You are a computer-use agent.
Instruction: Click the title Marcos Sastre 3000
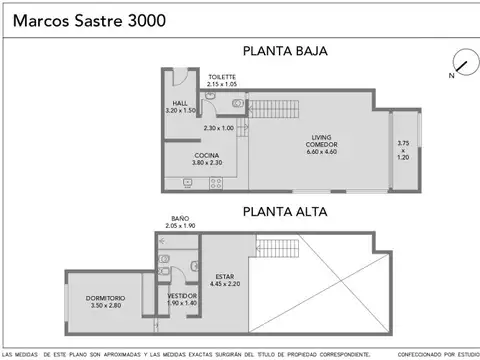[77, 22]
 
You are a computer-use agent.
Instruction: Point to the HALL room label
[179, 103]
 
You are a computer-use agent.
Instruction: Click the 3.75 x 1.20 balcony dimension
[403, 149]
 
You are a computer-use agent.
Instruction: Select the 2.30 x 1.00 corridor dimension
[218, 128]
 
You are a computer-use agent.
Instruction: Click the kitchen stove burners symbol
[214, 183]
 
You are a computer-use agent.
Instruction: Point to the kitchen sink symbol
[187, 183]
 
